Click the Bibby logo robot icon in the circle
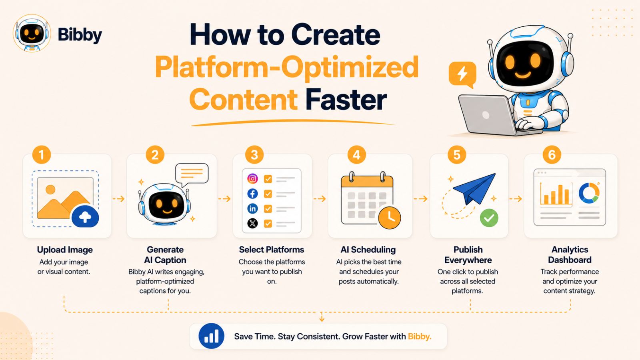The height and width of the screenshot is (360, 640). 32,33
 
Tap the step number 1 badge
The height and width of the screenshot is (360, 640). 42,155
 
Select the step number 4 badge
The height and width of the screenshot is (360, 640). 356,155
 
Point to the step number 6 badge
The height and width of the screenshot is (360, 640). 552,155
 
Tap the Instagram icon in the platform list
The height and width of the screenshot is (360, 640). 252,179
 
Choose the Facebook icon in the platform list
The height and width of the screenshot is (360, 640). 252,194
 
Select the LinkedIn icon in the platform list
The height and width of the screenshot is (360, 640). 252,208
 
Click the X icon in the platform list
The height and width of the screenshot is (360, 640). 252,224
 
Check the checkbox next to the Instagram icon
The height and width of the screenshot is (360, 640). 268,179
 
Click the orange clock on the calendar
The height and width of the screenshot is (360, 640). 390,218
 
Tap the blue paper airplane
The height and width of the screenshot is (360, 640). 474,188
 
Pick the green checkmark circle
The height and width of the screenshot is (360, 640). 489,218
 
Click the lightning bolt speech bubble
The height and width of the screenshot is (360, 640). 462,75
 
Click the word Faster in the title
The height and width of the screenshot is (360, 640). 346,100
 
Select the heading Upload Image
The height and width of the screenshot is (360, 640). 65,250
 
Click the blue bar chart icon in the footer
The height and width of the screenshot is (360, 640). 212,336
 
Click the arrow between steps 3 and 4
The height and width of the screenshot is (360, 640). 320,199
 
